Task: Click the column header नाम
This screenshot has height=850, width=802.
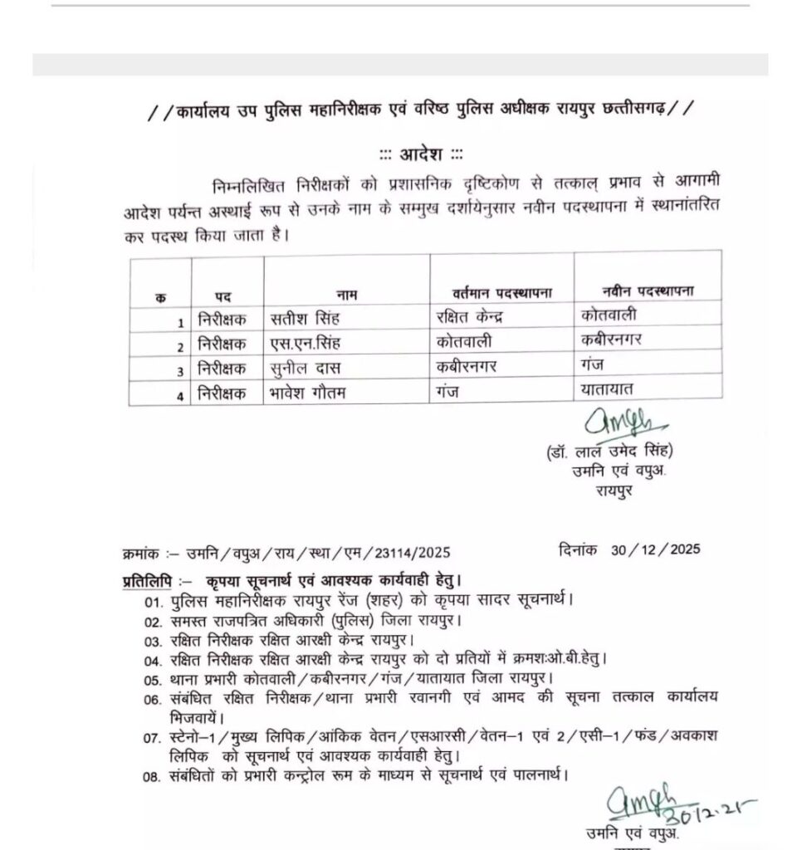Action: pos(345,294)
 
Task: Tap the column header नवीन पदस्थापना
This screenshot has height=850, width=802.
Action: pos(648,291)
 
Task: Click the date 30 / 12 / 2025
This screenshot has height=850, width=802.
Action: pos(655,549)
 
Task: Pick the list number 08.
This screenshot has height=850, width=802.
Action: pos(150,778)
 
